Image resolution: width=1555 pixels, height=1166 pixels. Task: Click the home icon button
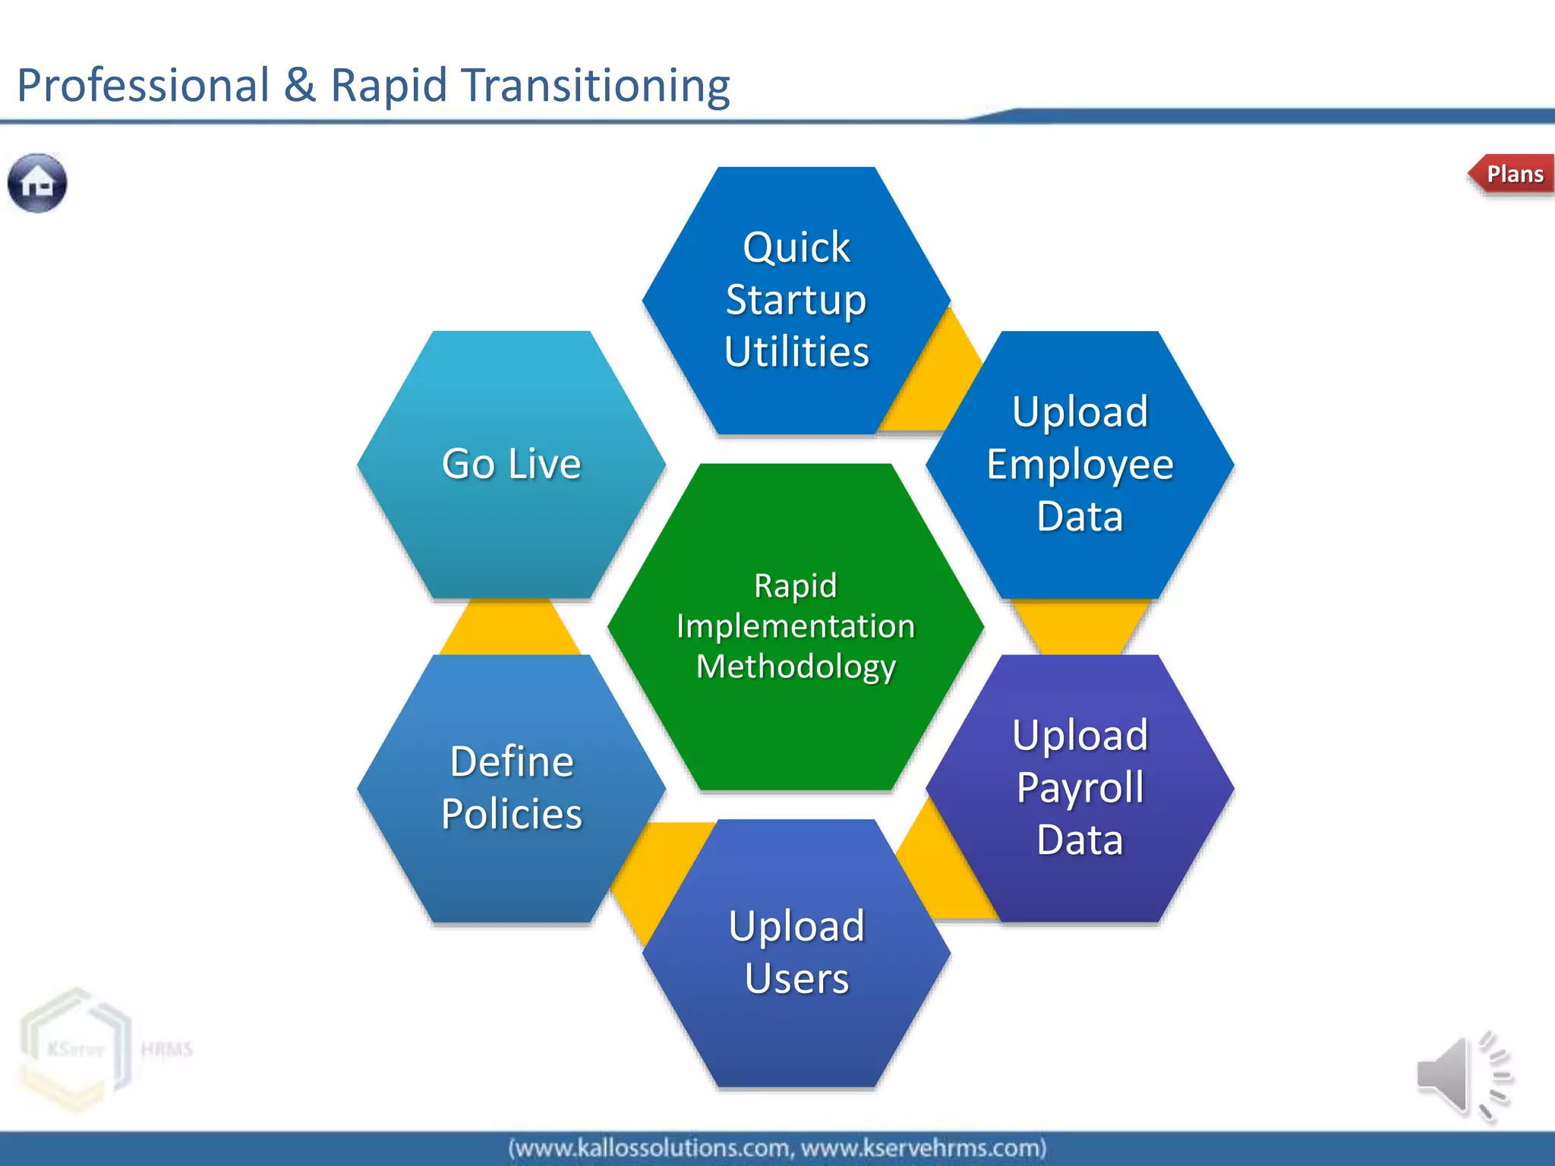(37, 183)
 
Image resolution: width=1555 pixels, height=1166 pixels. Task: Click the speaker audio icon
(1462, 1076)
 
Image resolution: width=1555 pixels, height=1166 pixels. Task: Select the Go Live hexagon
(511, 464)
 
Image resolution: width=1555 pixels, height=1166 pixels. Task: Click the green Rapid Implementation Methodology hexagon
(796, 626)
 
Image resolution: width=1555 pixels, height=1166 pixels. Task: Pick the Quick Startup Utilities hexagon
(796, 300)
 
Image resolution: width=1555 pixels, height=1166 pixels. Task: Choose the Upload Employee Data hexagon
(1080, 464)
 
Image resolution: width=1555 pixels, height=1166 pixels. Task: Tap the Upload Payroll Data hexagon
(1080, 787)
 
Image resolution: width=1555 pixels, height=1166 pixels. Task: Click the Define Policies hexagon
(511, 787)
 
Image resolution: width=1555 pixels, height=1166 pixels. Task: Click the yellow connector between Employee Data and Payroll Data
(1080, 626)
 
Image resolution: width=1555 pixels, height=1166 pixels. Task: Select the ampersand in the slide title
(299, 85)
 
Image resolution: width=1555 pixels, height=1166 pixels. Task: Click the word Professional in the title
(143, 85)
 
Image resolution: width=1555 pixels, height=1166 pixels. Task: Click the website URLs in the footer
(777, 1148)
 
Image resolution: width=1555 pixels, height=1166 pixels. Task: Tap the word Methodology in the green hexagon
(796, 667)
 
